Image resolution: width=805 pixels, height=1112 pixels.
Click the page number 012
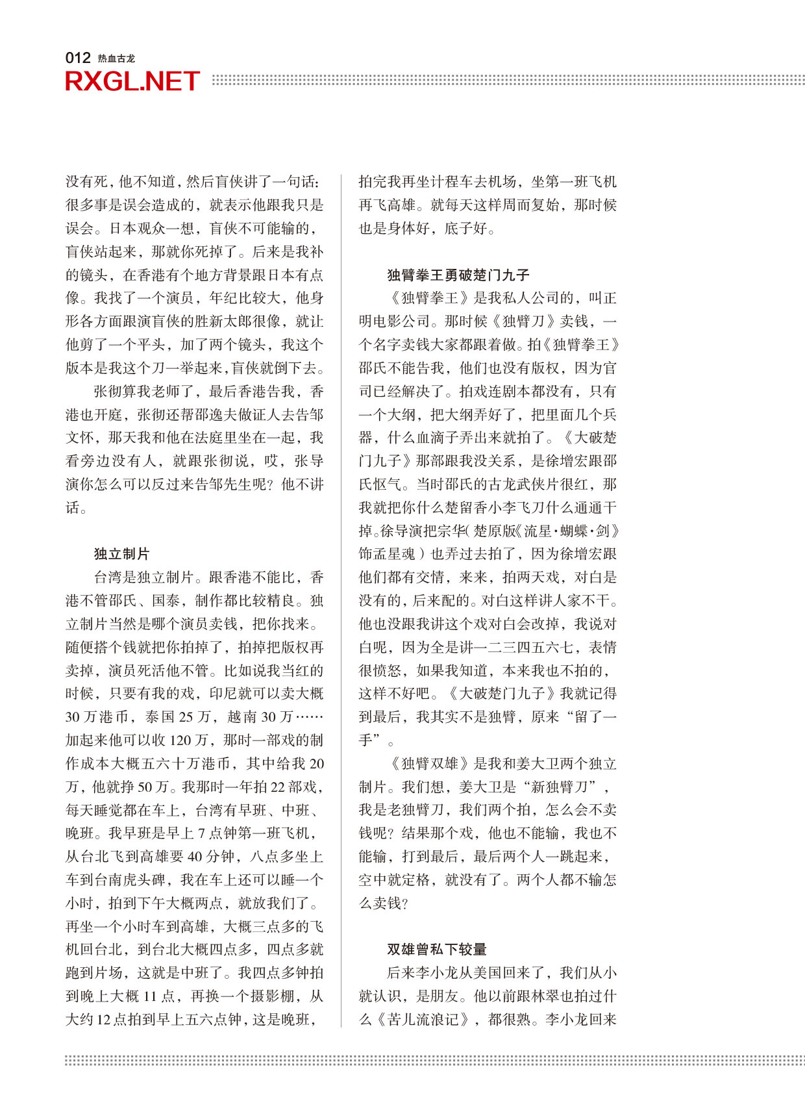click(77, 58)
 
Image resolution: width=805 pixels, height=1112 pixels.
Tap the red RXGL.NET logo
click(132, 82)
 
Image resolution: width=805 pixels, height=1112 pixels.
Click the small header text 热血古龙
click(116, 58)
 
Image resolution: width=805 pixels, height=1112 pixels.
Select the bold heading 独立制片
click(121, 554)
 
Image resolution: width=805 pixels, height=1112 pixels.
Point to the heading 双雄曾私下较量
click(436, 950)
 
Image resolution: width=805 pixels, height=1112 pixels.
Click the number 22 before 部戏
click(277, 787)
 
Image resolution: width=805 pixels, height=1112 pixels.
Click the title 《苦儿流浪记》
click(423, 1020)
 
